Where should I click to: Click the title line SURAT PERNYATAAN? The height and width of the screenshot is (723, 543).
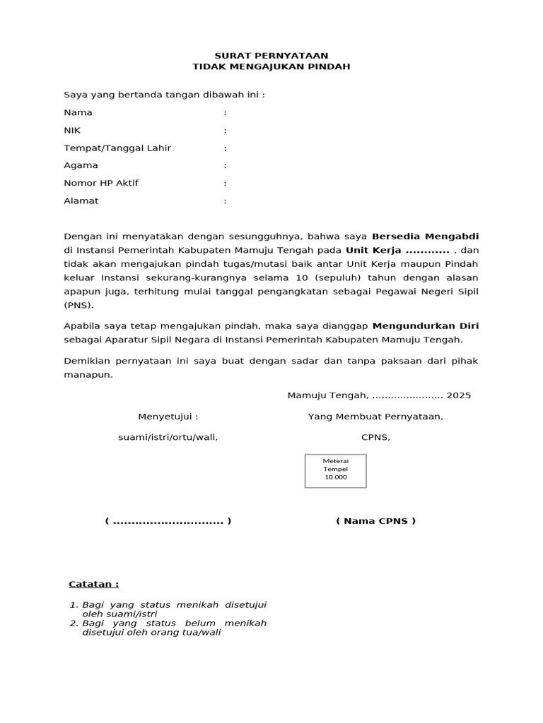coord(271,55)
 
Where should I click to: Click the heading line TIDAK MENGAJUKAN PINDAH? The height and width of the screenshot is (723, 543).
coord(271,66)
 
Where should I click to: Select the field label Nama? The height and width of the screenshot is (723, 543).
coord(78,112)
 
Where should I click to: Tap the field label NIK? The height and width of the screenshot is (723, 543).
coord(73,130)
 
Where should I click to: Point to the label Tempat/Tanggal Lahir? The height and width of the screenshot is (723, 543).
coord(117,148)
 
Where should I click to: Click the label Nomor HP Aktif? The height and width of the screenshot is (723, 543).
coord(101,183)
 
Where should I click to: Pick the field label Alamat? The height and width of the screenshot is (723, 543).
coord(81,201)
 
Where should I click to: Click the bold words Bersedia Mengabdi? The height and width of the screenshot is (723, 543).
coord(430,236)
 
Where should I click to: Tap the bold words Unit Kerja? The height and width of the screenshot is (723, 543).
coord(373,250)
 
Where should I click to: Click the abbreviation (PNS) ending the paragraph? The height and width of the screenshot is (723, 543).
coord(78,306)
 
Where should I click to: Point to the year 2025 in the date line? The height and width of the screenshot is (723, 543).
coord(458,395)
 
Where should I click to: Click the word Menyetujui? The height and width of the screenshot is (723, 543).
coord(165,416)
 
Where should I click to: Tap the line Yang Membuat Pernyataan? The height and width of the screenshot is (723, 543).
coord(375,416)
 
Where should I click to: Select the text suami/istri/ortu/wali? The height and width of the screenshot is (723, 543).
coord(168,437)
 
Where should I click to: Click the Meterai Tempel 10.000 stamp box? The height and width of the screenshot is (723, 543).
coord(336,470)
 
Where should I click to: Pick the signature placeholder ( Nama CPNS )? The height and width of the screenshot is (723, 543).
coord(375,521)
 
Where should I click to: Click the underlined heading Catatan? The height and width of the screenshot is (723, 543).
coord(93,584)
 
